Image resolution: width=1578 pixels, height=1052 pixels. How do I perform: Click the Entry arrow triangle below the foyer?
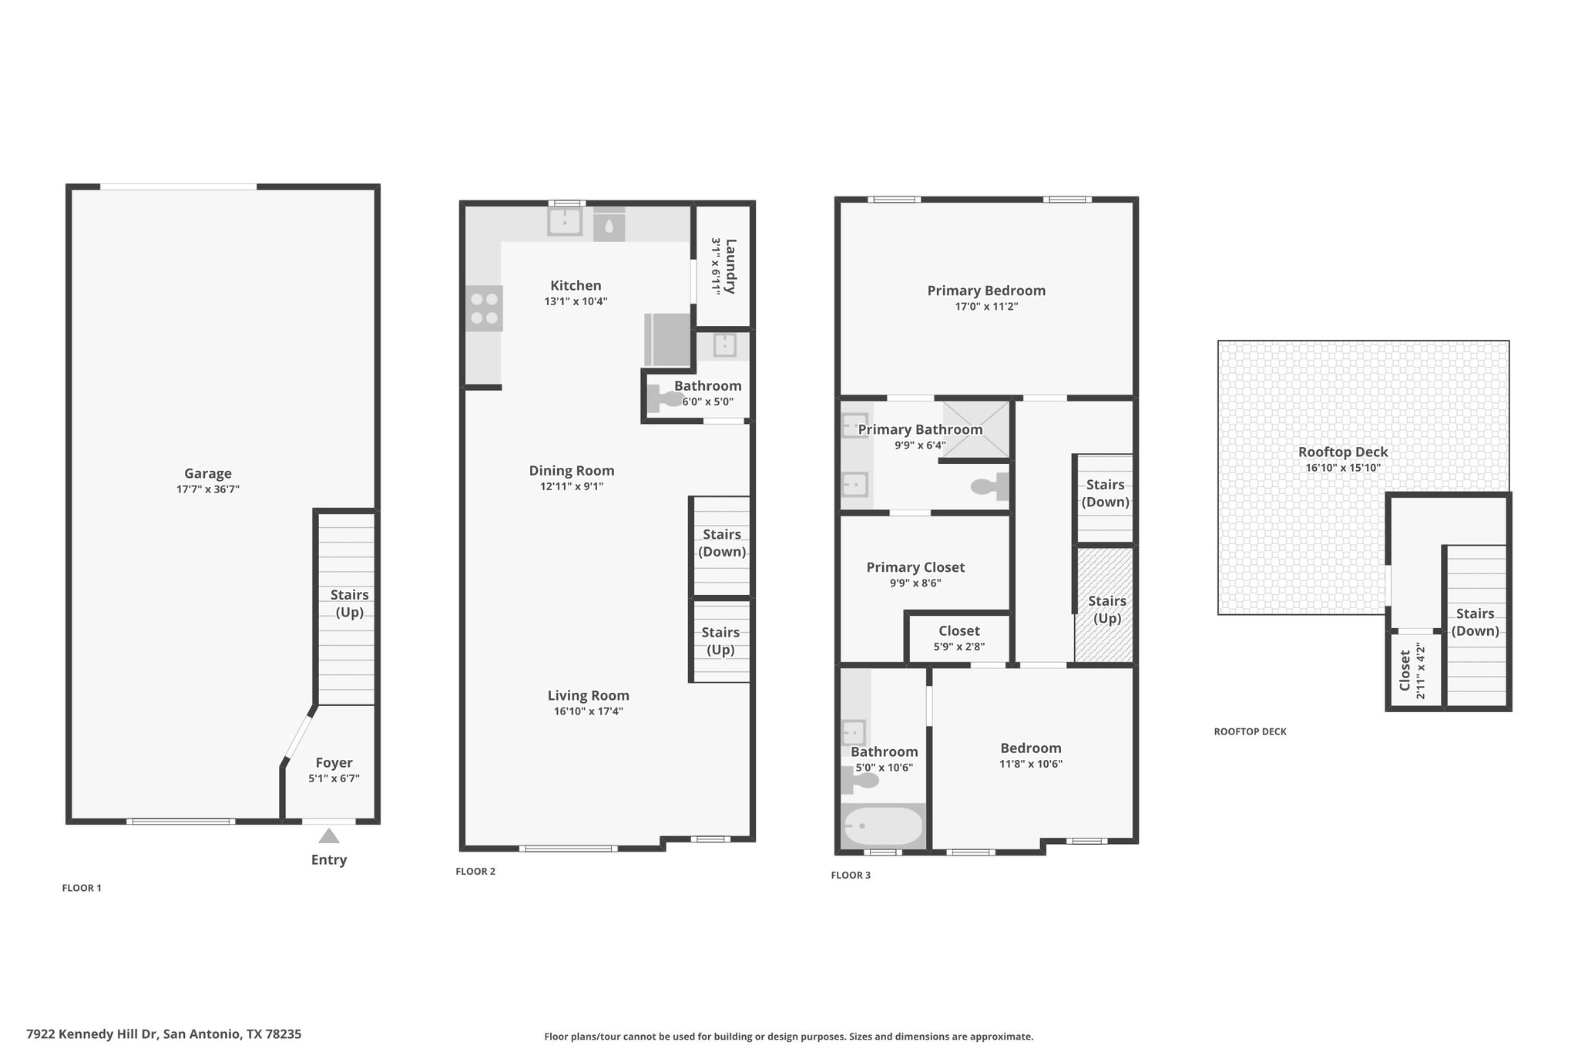click(329, 835)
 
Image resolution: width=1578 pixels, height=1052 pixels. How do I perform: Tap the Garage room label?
click(208, 473)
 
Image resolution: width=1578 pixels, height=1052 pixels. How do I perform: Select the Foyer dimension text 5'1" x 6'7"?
click(334, 778)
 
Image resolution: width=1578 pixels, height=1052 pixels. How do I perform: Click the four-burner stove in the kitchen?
click(484, 308)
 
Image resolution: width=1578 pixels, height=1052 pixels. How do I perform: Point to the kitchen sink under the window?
click(565, 221)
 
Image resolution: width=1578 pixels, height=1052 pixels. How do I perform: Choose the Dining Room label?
click(572, 470)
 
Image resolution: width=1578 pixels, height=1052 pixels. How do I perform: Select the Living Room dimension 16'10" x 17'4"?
click(588, 711)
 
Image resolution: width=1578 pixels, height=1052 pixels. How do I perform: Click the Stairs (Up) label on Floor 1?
click(349, 603)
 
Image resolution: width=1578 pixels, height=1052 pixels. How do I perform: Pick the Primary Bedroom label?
click(986, 291)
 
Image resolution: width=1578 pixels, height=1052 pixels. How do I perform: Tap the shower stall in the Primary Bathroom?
click(975, 429)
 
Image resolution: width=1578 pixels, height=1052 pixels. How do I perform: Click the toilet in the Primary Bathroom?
click(989, 486)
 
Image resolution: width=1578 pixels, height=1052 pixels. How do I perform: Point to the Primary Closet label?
click(915, 567)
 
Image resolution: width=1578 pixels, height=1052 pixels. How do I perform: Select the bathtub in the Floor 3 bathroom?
click(883, 826)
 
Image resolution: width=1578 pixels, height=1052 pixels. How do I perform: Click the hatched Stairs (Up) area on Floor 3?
click(1105, 603)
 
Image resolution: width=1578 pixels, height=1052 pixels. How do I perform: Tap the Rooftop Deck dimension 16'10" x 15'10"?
click(1343, 468)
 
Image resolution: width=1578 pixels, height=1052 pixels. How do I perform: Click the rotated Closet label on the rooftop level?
click(1405, 671)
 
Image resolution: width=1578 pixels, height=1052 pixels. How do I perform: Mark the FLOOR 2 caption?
click(475, 872)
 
